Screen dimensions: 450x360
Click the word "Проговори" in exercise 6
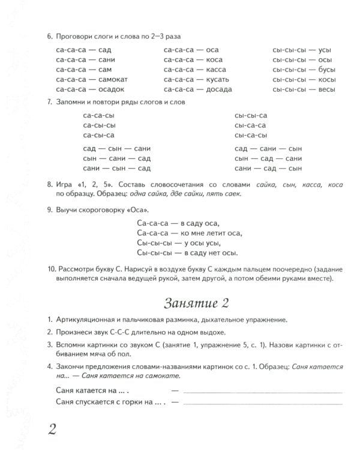76,37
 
